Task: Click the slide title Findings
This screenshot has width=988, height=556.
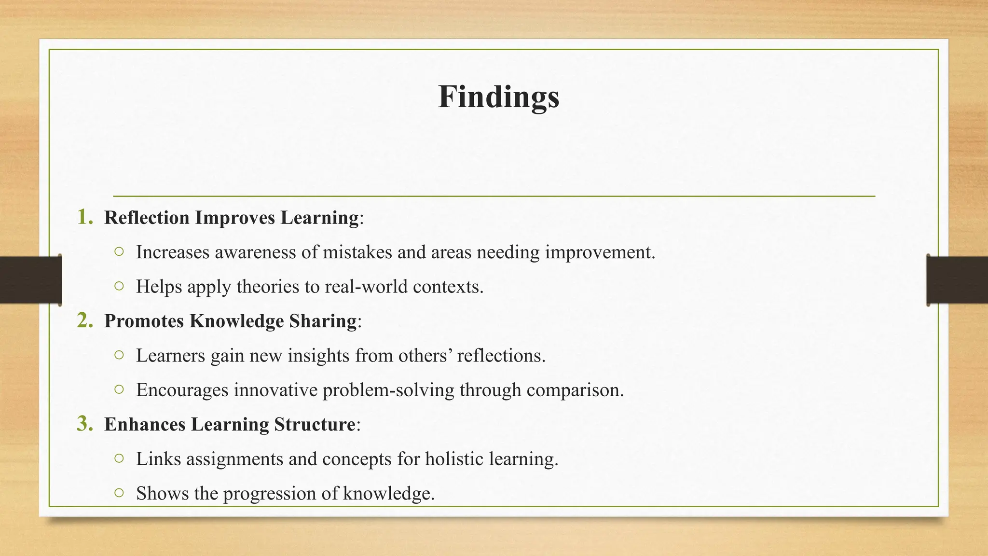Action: click(x=498, y=97)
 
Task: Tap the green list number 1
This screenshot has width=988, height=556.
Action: click(x=84, y=217)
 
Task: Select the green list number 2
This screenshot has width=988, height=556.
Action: click(x=84, y=320)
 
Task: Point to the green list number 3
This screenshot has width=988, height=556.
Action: click(x=84, y=424)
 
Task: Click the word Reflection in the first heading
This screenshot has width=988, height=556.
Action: click(x=147, y=218)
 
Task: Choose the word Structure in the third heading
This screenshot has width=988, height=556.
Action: click(x=315, y=425)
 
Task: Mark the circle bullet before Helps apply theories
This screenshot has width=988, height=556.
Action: click(x=119, y=286)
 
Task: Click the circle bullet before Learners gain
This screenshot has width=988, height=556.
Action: click(x=119, y=355)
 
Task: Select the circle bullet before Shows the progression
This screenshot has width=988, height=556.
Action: click(x=119, y=493)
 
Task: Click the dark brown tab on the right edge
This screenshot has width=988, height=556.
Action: click(x=957, y=280)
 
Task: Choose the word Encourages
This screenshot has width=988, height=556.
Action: click(x=182, y=390)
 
